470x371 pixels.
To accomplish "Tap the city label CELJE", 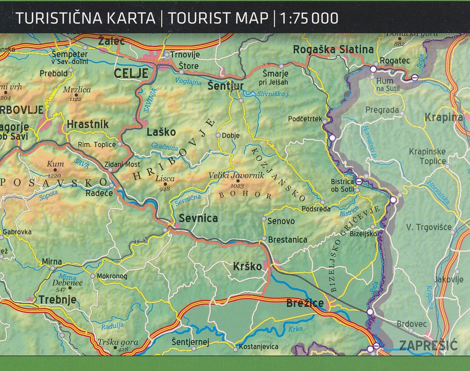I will pos(131,73).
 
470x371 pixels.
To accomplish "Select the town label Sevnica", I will pos(198,218).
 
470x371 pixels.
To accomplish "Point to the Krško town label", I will pos(248,266).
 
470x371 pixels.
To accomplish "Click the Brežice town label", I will pos(305,303).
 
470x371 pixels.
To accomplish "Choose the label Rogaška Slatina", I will pos(333,50).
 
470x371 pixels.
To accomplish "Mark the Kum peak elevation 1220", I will pos(54,176).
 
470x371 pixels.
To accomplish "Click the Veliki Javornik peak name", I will pos(236,176).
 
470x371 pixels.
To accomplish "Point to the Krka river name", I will pos(292,329).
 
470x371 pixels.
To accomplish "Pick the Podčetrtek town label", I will pos(305,119).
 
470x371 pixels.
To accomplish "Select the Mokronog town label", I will pos(112,276).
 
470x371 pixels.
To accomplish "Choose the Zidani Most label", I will pos(122,164).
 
